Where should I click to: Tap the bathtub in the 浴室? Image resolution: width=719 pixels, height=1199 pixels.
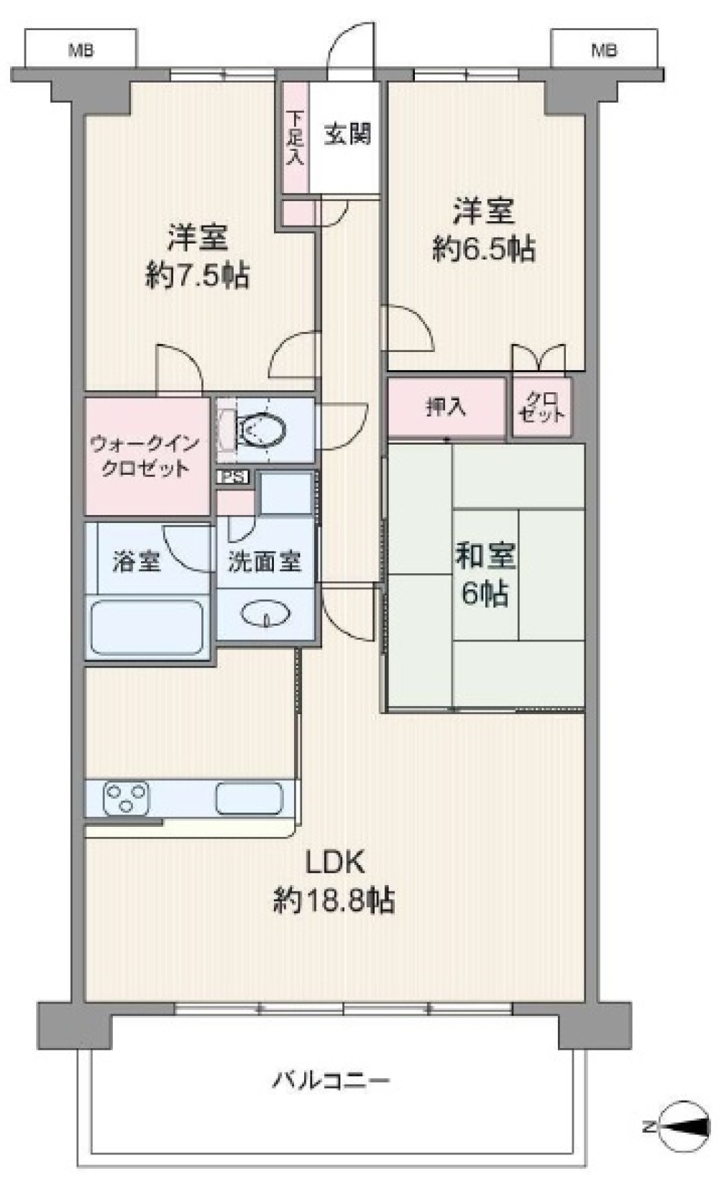coord(147,627)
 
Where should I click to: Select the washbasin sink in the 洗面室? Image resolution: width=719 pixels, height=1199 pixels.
coord(266,614)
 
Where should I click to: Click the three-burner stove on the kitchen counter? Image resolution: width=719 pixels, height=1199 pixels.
coord(127,799)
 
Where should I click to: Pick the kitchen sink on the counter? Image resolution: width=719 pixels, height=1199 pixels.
coord(249,799)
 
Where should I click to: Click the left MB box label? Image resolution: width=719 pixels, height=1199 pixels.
coord(81,51)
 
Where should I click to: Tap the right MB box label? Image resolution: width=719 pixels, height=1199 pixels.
coord(605,51)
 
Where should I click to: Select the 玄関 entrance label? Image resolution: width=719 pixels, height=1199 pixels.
coord(348,134)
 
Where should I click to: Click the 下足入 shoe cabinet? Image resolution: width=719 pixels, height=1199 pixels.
coord(295,137)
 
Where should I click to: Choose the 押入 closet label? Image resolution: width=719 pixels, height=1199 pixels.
coord(446,408)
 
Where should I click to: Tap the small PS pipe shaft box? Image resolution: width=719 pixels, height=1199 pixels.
coord(234,476)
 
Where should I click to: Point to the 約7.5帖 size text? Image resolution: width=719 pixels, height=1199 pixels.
coord(198,277)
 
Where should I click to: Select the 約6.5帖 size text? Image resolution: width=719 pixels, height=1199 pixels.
coord(484,249)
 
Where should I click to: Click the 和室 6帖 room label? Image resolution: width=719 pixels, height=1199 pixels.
coord(485,574)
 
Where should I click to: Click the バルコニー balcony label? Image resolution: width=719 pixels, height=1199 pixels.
coord(331,1080)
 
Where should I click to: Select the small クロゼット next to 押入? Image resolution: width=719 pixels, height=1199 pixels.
coord(542,407)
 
